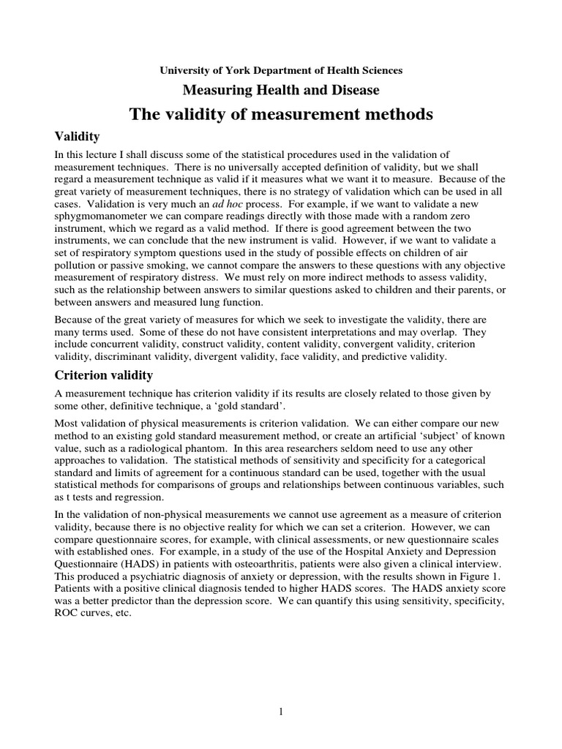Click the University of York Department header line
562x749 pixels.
click(281, 70)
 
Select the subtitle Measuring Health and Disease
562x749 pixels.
click(281, 90)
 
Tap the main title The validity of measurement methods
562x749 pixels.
click(281, 114)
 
